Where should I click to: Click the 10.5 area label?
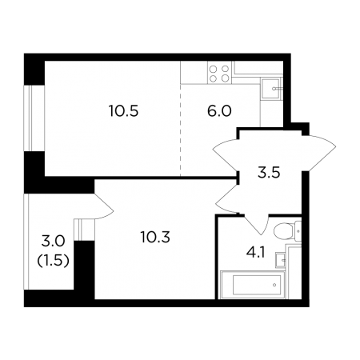124,111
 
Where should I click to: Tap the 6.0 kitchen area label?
219,111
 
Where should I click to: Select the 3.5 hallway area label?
269,173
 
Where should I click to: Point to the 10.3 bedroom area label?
155,237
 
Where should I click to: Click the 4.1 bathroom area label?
255,252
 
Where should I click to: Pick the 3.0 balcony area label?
54,242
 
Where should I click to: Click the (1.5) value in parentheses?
54,261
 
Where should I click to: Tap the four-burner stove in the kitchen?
219,74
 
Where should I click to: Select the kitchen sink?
271,89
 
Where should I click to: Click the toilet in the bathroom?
287,231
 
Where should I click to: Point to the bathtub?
252,285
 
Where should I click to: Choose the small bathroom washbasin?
281,260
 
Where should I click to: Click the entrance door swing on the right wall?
318,154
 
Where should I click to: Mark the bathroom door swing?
256,223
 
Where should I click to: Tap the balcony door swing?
104,206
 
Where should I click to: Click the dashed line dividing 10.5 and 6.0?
180,130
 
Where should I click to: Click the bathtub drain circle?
274,285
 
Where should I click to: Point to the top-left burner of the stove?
213,70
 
